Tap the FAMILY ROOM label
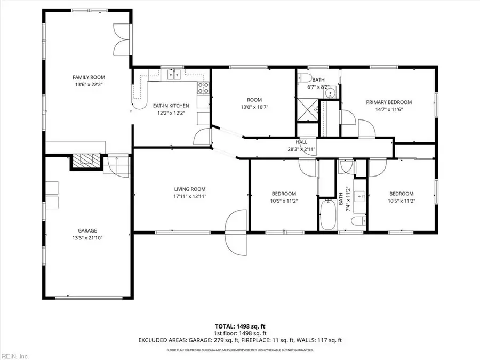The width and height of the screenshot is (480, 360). [88, 77]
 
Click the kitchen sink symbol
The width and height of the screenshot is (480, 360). [173, 75]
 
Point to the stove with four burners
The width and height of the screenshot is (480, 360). [203, 87]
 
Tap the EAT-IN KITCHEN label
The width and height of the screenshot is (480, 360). [171, 106]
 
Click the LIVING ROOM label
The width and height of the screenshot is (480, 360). [190, 189]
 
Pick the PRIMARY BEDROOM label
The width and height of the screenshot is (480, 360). [388, 102]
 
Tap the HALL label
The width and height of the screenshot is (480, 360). [301, 142]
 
